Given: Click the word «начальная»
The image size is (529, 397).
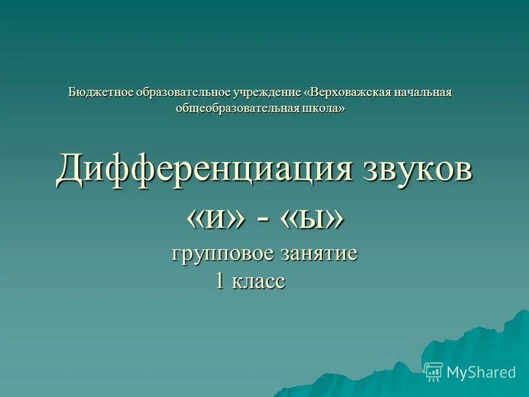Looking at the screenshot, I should point(423,92).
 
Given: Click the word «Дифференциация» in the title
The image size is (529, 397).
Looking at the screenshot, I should point(204,169).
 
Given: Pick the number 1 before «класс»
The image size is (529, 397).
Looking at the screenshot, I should point(220,281).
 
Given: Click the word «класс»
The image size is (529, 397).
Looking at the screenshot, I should point(258,282).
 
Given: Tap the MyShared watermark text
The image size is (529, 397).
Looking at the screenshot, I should point(481,372).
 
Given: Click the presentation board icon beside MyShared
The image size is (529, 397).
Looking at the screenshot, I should point(433,372).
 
